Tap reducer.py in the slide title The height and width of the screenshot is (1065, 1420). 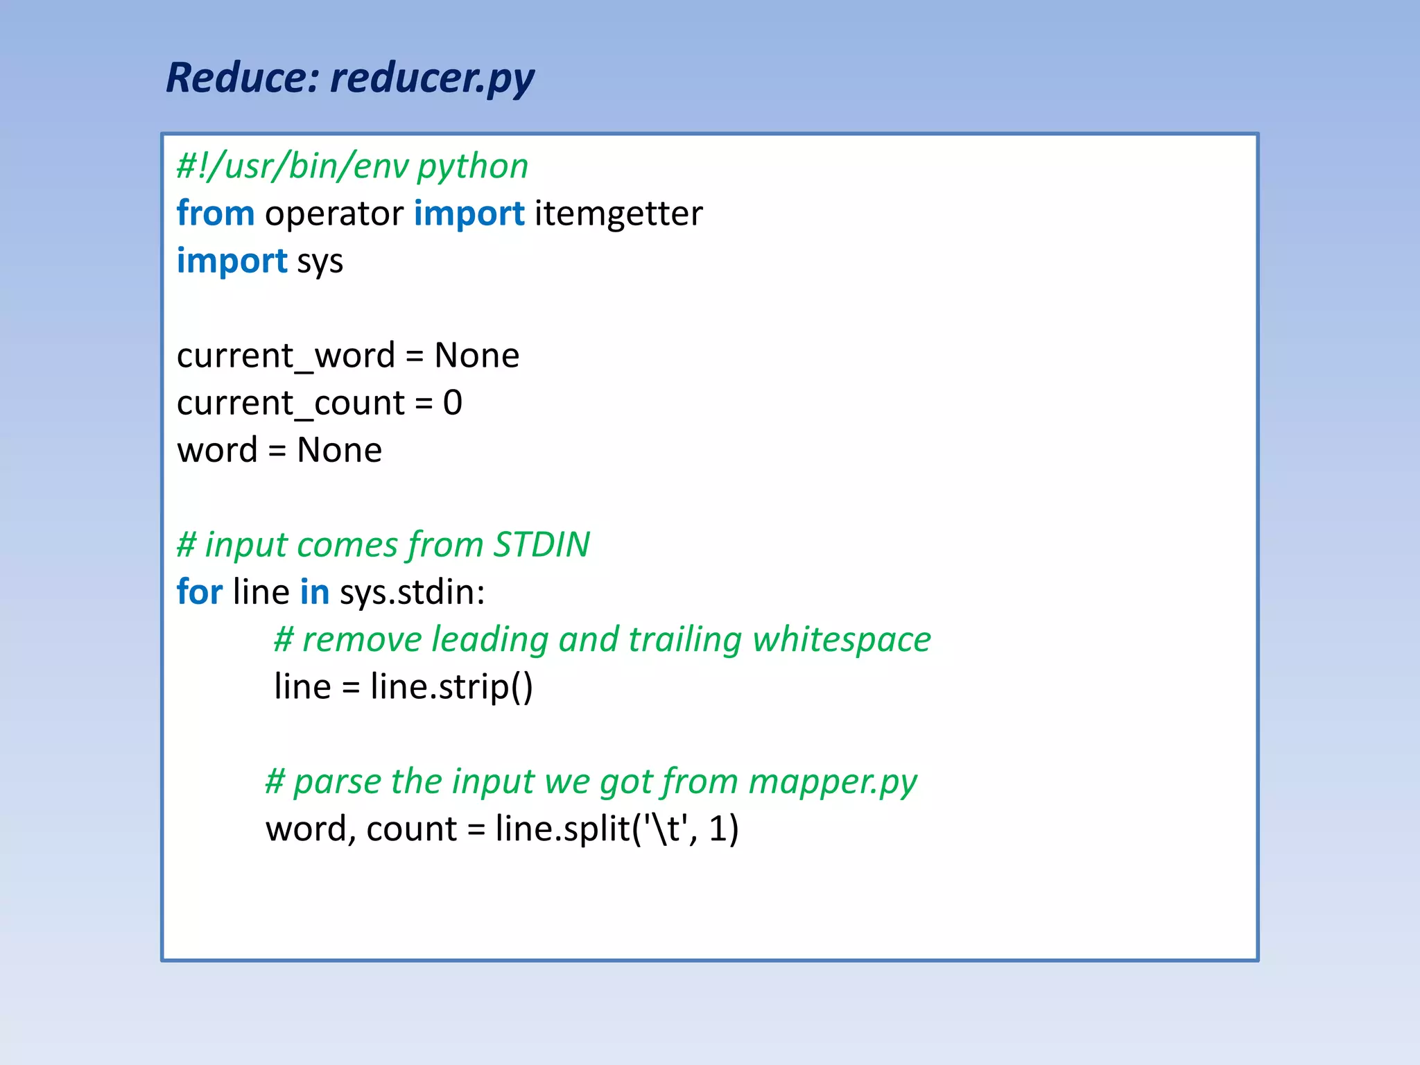[432, 78]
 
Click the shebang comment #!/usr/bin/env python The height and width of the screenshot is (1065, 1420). [352, 166]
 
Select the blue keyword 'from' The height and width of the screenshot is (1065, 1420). [216, 213]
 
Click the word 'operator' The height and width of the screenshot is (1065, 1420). [334, 214]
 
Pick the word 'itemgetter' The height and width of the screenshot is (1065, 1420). [618, 214]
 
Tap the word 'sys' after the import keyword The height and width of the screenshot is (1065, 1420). [320, 262]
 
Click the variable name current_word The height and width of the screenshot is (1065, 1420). [286, 356]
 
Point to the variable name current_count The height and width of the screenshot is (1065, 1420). [291, 403]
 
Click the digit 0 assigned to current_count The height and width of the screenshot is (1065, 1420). [453, 402]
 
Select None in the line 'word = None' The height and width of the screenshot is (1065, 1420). [339, 450]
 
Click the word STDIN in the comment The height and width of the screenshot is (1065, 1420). [542, 544]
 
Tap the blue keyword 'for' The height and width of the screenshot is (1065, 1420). [200, 591]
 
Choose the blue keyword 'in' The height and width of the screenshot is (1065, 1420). [314, 591]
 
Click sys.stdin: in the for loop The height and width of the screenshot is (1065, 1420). [413, 592]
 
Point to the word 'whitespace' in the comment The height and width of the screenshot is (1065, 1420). [842, 639]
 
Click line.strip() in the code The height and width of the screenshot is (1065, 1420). [451, 686]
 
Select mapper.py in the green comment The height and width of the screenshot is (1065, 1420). [833, 782]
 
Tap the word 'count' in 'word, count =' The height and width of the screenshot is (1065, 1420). [412, 829]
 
